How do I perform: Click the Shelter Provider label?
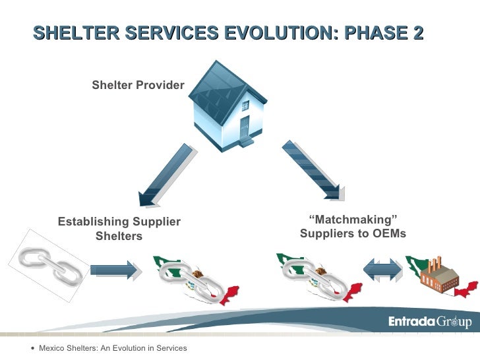[x=138, y=85]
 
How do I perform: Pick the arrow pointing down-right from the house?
[x=311, y=169]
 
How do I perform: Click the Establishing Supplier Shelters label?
[x=119, y=229]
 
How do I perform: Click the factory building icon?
[x=442, y=276]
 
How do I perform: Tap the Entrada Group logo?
[x=428, y=322]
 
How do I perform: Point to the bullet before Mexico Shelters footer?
[x=33, y=347]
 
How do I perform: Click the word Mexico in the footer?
[x=51, y=347]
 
